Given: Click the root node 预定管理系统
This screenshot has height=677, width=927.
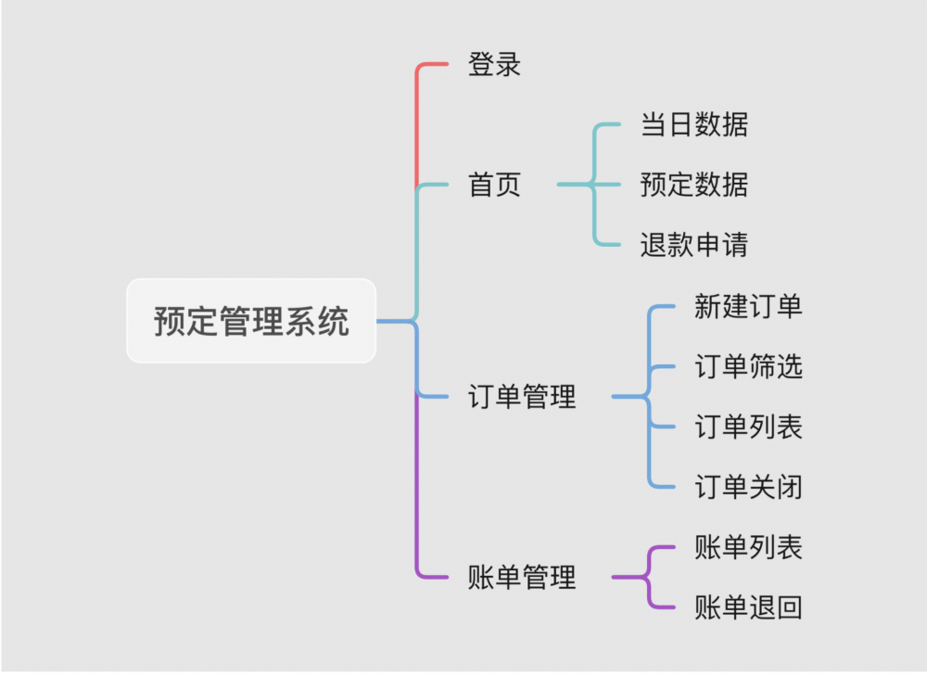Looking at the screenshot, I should click(251, 321).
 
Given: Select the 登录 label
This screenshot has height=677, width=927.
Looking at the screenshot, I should click(494, 65).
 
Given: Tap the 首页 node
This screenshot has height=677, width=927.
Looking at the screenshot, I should click(494, 185).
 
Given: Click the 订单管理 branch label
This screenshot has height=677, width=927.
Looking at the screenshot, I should click(523, 397).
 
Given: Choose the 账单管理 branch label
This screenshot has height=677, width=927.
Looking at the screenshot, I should click(523, 577).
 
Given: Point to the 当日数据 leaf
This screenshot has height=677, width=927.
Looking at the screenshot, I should click(693, 124).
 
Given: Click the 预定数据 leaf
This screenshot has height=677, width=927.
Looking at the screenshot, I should click(693, 185).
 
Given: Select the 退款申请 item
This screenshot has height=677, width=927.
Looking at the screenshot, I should click(693, 245).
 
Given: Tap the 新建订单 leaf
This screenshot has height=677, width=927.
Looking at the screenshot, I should click(748, 306).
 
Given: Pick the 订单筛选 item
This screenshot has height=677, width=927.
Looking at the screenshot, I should click(748, 367).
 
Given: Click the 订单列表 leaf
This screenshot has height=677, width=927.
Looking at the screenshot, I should click(748, 427).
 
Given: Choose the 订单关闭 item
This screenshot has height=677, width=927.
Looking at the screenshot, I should click(748, 487).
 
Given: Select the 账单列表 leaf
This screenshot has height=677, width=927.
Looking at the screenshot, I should click(748, 547).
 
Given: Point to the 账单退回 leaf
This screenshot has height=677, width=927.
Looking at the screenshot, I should click(748, 607).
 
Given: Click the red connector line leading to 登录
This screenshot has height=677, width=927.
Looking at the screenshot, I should click(417, 121).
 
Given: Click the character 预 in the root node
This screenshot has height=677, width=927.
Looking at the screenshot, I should click(170, 322).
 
